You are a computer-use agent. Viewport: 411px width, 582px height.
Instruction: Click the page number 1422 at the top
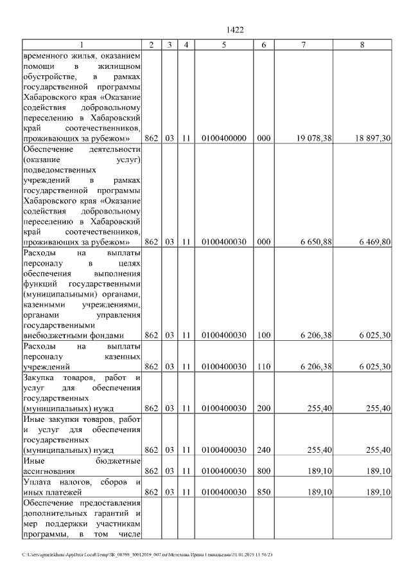(236, 30)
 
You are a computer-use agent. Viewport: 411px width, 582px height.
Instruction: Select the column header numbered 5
(223, 44)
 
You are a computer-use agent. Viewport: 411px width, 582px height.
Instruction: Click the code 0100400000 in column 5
(223, 138)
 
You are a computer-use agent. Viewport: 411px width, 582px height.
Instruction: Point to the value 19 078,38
(314, 138)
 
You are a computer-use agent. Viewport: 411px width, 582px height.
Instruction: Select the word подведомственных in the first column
(59, 170)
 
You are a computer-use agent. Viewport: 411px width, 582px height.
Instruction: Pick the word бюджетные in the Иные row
(118, 461)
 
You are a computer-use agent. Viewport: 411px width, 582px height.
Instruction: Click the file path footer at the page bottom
(148, 554)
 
